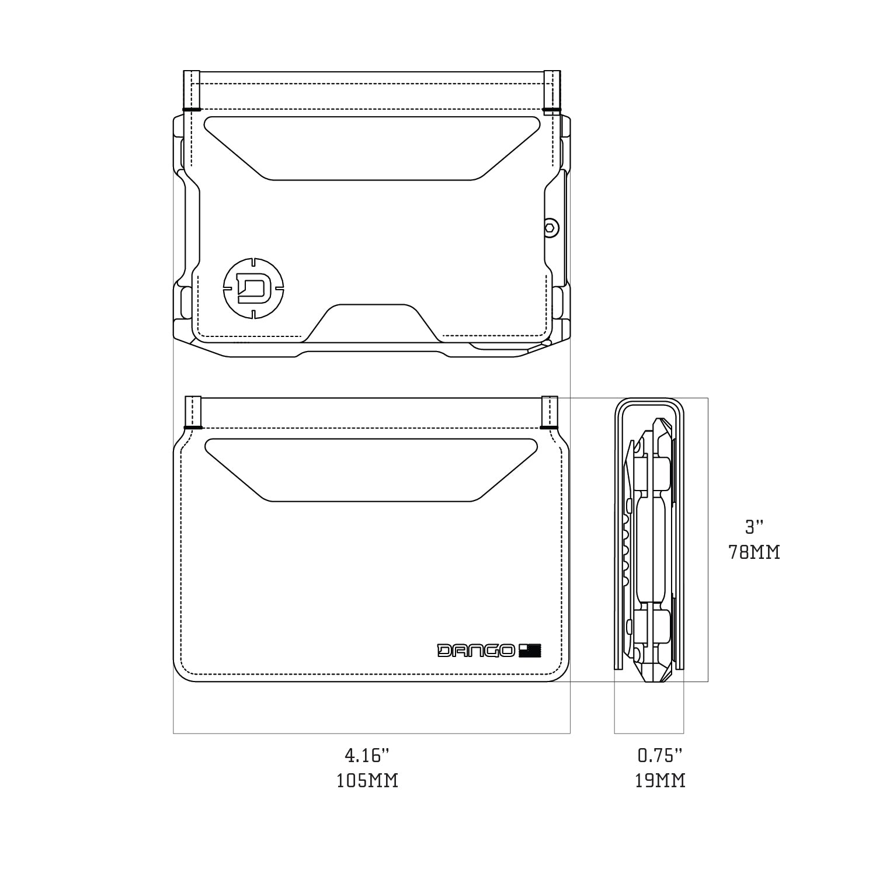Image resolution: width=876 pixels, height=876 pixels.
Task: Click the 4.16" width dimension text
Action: [367, 756]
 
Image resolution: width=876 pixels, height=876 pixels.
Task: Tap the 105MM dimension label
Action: [367, 781]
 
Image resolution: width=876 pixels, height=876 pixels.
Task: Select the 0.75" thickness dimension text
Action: [660, 756]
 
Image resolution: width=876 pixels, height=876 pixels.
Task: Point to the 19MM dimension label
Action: [660, 781]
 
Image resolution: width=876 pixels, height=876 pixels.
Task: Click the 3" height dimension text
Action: [754, 527]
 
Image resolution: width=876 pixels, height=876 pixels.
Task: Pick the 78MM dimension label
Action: [754, 552]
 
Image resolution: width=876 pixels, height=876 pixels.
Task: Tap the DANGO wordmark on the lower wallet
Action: [476, 651]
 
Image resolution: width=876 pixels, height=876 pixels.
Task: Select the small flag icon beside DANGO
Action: [530, 651]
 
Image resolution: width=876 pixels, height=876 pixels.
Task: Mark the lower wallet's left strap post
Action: [193, 412]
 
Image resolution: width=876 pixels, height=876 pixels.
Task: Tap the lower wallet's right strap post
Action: [550, 412]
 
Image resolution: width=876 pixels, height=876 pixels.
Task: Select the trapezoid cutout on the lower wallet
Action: [371, 469]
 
